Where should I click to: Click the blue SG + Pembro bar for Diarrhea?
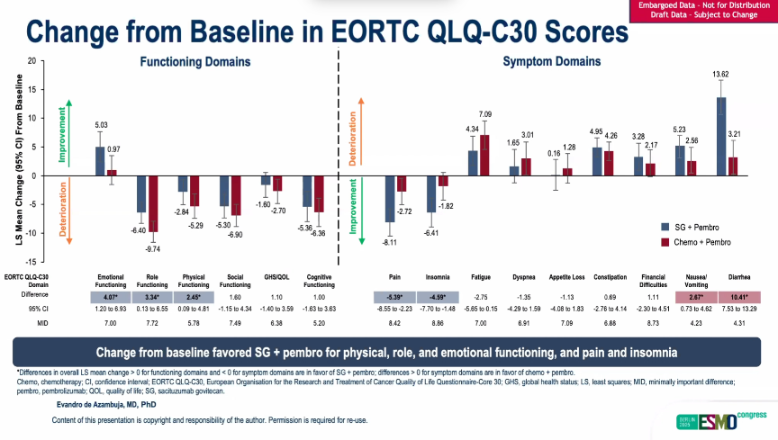click(720, 136)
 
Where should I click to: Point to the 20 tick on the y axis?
click(32, 61)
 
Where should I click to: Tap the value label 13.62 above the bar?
click(720, 74)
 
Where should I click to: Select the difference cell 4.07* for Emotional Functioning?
click(111, 297)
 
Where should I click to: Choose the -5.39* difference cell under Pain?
click(394, 297)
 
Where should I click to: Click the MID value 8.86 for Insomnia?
click(438, 322)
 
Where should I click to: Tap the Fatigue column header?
click(481, 277)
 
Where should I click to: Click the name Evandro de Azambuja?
click(98, 405)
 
